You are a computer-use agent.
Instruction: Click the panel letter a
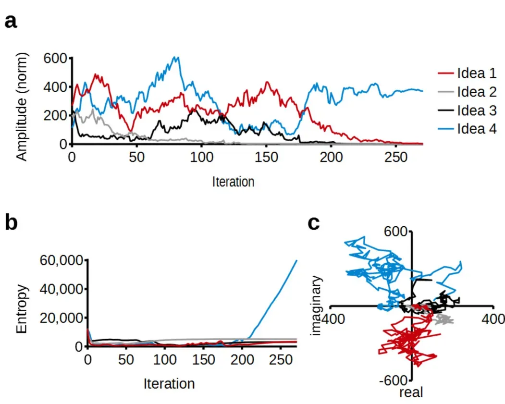tap(11, 21)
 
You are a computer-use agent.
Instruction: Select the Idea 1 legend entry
tap(476, 74)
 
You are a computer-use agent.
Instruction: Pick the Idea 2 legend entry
tap(476, 92)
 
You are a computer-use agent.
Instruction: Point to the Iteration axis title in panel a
tap(233, 182)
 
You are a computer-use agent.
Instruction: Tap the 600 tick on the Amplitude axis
tap(56, 58)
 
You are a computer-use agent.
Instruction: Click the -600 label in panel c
tap(394, 380)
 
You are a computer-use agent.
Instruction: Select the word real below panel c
tap(411, 393)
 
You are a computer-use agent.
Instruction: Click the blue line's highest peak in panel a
tap(178, 57)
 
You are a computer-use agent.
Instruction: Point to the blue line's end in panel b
tap(296, 260)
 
